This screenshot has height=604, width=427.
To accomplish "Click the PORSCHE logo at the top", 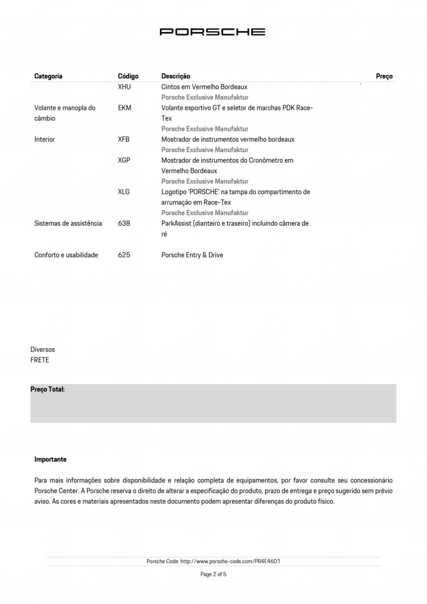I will pyautogui.click(x=212, y=32).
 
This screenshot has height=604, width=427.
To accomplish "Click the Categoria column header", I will pyautogui.click(x=48, y=76).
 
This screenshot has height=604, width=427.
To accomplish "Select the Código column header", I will pyautogui.click(x=128, y=76).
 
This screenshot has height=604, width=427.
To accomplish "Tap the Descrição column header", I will pyautogui.click(x=176, y=76).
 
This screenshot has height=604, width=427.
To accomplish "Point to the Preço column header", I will pyautogui.click(x=384, y=76).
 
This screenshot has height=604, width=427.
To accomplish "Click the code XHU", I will pyautogui.click(x=124, y=87).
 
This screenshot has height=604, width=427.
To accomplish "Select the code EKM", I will pyautogui.click(x=125, y=108).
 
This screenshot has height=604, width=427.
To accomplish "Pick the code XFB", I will pyautogui.click(x=124, y=139).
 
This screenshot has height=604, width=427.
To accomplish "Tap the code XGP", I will pyautogui.click(x=124, y=160).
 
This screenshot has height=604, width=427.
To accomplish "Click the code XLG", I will pyautogui.click(x=124, y=192).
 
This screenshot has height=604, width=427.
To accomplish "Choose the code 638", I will pyautogui.click(x=124, y=223).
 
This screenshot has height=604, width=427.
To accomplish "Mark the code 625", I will pyautogui.click(x=124, y=255).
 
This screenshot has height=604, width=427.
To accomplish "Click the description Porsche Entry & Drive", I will pyautogui.click(x=192, y=255).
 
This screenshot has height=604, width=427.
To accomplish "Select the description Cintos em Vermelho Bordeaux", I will pyautogui.click(x=204, y=87).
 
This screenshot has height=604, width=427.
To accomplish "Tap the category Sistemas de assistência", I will pyautogui.click(x=68, y=223).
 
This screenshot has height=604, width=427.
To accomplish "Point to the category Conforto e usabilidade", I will pyautogui.click(x=66, y=255).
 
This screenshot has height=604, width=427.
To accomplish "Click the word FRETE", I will pyautogui.click(x=40, y=360).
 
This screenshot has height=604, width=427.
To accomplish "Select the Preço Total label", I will pyautogui.click(x=48, y=389).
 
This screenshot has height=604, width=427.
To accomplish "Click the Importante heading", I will pyautogui.click(x=50, y=459).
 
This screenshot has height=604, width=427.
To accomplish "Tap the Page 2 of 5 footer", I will pyautogui.click(x=213, y=574).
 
